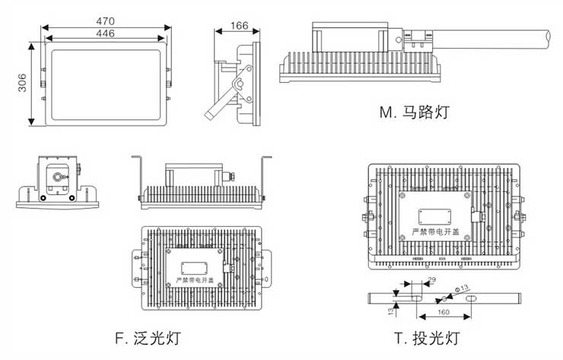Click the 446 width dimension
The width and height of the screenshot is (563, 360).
tap(105, 33)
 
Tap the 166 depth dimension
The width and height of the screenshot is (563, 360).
tap(239, 25)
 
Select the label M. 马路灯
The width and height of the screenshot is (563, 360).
tap(415, 113)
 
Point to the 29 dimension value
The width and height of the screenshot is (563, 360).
tap(431, 282)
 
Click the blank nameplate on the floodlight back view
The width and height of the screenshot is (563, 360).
tap(196, 266)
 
